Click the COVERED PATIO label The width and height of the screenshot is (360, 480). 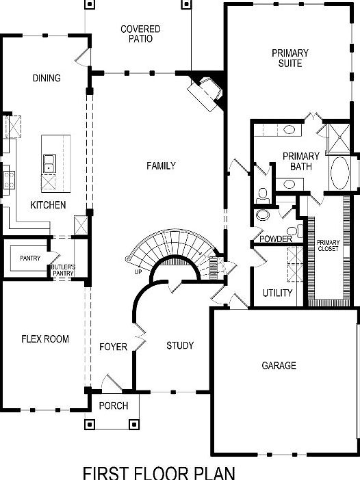point(140,34)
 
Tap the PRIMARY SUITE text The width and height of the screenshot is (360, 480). point(290,58)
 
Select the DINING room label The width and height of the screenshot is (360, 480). point(47,78)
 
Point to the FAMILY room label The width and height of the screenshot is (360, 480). point(162,165)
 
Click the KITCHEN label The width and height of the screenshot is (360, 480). point(48,205)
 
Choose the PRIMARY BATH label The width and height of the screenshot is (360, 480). point(300,161)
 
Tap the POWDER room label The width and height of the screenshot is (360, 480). point(276,239)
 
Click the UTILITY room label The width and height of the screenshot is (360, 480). point(278,293)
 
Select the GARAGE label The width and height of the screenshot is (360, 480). point(279,366)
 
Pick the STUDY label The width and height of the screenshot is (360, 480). point(180,345)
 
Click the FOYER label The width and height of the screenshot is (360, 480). point(113,347)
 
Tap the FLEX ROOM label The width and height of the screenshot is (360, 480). point(45,338)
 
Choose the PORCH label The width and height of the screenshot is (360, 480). point(114,405)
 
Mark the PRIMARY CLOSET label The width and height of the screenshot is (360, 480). point(328,247)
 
